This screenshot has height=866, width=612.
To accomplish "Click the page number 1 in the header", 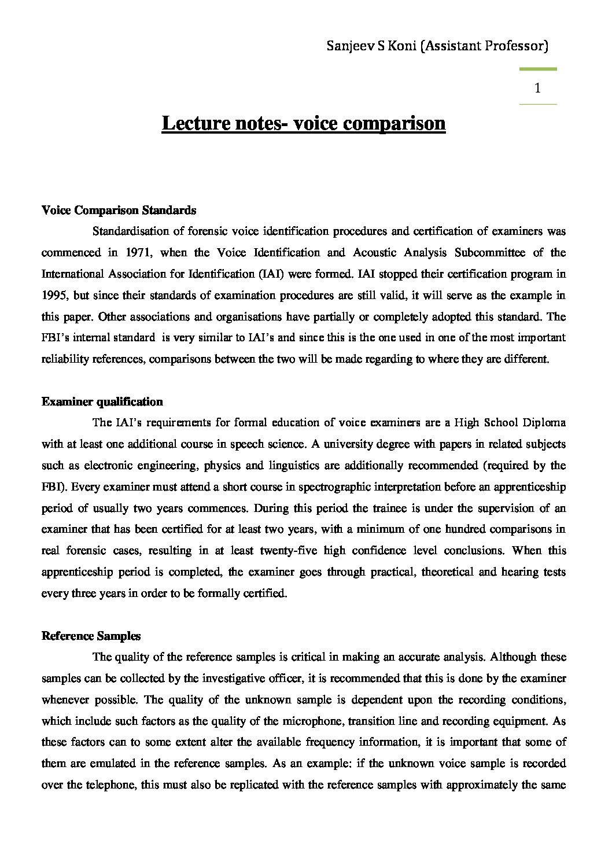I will tap(538, 88).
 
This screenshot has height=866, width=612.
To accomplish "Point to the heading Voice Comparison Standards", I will tap(119, 210).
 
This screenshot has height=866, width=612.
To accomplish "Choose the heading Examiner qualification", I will tap(102, 401).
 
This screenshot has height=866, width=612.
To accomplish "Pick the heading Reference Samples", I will tap(91, 636).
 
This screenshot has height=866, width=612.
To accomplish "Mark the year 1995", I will tap(54, 295).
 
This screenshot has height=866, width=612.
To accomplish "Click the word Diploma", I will tap(544, 423).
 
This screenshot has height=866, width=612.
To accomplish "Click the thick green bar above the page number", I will tap(538, 69).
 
